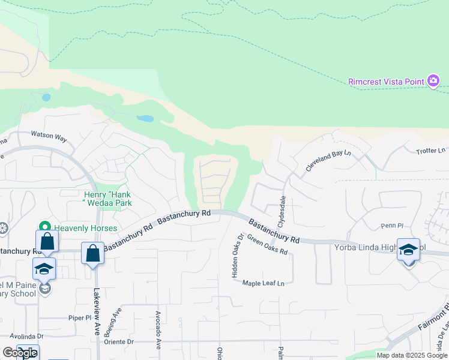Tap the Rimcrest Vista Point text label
[387, 82]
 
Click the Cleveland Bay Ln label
[327, 161]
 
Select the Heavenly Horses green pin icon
[44, 227]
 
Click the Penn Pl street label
[392, 226]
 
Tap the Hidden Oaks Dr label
[236, 255]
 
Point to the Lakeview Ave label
[97, 312]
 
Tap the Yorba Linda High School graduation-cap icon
[408, 250]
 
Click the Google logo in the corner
[20, 353]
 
